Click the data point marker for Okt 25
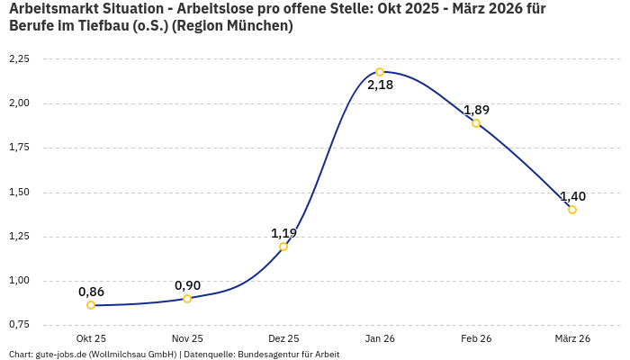[x=91, y=305]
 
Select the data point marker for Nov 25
[x=187, y=299]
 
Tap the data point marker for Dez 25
[x=283, y=247]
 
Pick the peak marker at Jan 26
[x=380, y=72]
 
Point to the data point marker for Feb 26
[x=476, y=123]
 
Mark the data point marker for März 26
[x=572, y=210]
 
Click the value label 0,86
[x=91, y=292]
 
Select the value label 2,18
[x=380, y=86]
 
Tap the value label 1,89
[x=476, y=110]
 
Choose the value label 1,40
[x=572, y=196]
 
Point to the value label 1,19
[x=283, y=233]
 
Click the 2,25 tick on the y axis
[x=19, y=58]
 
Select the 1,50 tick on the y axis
[x=19, y=192]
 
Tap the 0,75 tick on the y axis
[x=19, y=324]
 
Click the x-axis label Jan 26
[x=380, y=338]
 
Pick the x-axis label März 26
[x=572, y=338]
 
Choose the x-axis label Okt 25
[x=91, y=338]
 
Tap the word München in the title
[x=262, y=26]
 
